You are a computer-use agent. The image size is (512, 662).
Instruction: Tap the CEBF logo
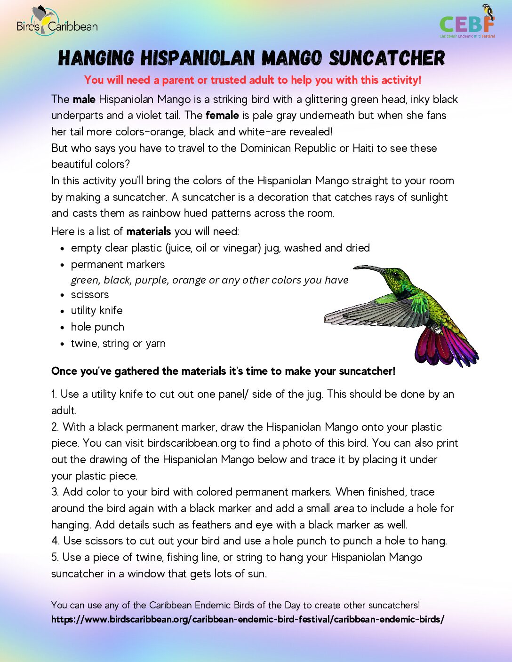point(467,23)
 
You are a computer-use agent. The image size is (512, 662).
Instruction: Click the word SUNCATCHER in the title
point(386,59)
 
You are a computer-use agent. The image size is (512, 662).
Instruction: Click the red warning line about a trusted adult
point(253,80)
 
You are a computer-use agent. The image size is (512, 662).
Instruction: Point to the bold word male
point(84,99)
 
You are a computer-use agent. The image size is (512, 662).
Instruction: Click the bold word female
point(222,115)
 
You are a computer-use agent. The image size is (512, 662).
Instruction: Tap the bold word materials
point(148,231)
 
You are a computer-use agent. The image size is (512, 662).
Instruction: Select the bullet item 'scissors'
point(89,294)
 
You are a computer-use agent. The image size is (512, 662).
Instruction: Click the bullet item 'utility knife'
point(96,310)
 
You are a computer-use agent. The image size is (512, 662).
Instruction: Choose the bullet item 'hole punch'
point(97,327)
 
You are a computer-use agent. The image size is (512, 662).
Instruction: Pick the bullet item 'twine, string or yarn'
point(118,343)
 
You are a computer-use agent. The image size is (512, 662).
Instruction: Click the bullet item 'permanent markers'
point(118,264)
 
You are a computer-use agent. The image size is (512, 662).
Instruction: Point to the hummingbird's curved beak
point(369,268)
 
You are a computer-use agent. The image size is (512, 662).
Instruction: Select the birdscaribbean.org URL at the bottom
point(248,619)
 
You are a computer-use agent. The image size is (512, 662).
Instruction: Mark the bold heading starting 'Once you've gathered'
point(223,371)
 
